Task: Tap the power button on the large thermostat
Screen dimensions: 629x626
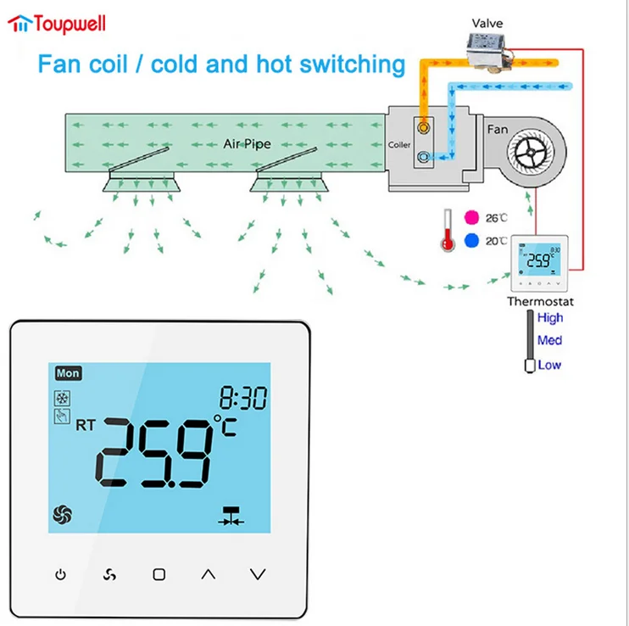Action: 60,574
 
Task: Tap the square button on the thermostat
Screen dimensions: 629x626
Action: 159,574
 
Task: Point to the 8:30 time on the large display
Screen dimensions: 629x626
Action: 242,397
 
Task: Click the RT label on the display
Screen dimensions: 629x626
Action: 86,423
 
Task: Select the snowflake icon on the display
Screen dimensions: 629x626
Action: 63,398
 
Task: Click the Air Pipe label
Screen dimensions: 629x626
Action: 246,144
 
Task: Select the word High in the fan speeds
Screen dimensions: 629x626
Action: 549,318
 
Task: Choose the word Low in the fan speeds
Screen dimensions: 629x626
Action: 549,365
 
